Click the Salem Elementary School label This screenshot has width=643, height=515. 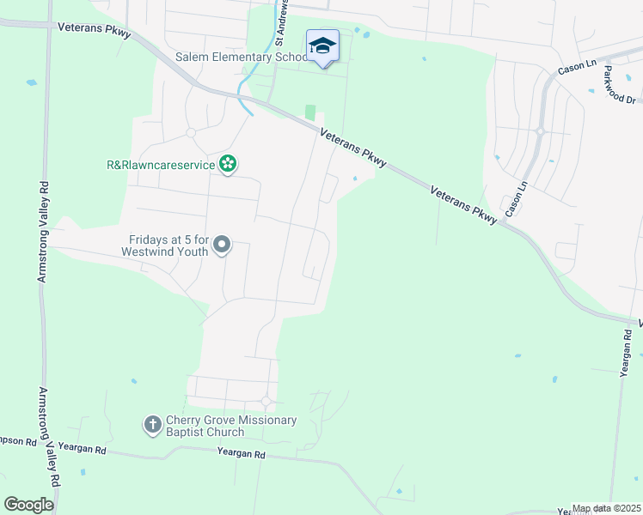click(x=242, y=58)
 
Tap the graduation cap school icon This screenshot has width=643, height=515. click(x=322, y=45)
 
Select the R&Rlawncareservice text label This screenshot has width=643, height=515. click(x=161, y=165)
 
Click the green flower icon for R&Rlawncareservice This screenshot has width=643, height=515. click(x=228, y=164)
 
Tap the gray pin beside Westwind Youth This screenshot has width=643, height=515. click(x=222, y=245)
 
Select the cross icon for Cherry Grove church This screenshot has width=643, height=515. click(x=152, y=424)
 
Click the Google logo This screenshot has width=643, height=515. click(x=28, y=505)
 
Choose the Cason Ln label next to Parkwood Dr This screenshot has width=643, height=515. click(x=577, y=66)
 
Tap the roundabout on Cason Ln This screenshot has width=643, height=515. click(x=541, y=131)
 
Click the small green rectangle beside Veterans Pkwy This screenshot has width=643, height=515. click(x=310, y=113)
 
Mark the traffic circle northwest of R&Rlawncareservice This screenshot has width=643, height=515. click(x=191, y=132)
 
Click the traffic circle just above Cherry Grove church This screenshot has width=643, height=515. click(x=266, y=402)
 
